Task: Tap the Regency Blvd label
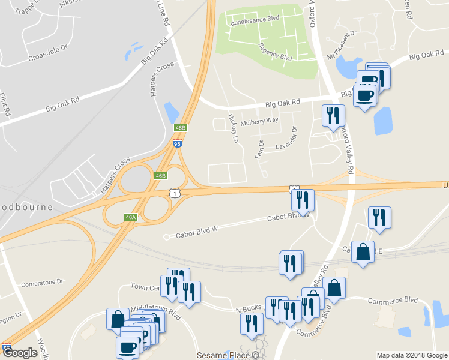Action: point(275,52)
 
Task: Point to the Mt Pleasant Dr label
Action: point(342,44)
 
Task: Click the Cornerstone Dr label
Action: point(42,281)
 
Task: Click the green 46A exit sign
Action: point(131,217)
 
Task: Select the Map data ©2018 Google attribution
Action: point(411,355)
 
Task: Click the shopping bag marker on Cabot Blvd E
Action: point(364,252)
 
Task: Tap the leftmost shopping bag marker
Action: point(116,319)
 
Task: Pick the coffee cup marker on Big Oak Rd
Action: point(364,94)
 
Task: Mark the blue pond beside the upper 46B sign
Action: point(172,112)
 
